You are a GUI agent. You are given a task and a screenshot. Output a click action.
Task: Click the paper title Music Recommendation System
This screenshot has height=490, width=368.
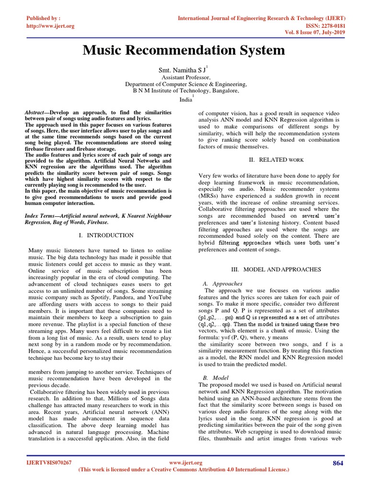tap(184, 50)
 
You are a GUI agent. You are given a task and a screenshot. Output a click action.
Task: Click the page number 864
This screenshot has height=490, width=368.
tap(338, 463)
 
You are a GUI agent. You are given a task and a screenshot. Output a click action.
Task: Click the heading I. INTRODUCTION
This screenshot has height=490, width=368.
tap(106, 235)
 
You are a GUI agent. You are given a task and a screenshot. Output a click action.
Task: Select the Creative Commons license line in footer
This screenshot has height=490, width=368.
tap(184, 470)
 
